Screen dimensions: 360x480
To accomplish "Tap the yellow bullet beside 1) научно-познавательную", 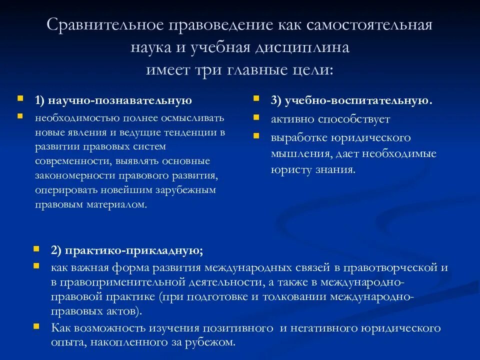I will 19,98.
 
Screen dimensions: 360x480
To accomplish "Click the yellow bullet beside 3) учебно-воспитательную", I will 256,98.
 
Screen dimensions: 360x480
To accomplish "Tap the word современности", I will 73,161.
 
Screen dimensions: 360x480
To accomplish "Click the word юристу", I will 286,169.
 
